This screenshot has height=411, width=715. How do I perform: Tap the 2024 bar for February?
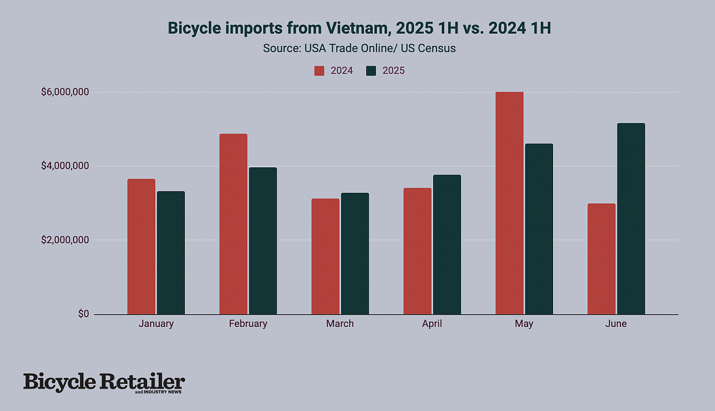click(233, 224)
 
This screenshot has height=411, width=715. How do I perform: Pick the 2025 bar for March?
click(355, 253)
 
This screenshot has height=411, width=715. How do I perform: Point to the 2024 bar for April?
click(417, 251)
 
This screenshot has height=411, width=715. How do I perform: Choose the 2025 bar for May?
click(539, 229)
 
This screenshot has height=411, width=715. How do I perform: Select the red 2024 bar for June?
click(601, 259)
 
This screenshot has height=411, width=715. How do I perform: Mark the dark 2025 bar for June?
click(631, 219)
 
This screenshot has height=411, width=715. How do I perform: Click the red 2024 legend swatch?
click(319, 71)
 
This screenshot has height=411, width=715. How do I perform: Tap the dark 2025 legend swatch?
click(371, 71)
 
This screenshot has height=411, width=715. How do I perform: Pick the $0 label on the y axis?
click(84, 314)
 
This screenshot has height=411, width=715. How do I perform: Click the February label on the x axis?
click(248, 324)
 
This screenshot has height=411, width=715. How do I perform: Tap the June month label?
click(616, 324)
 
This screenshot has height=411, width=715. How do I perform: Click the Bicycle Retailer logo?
click(104, 382)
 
